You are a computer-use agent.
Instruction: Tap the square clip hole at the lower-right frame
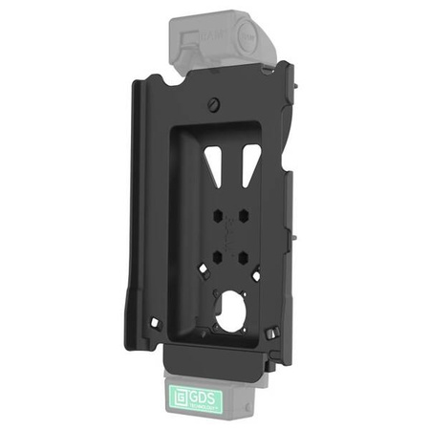tap(275, 333)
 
